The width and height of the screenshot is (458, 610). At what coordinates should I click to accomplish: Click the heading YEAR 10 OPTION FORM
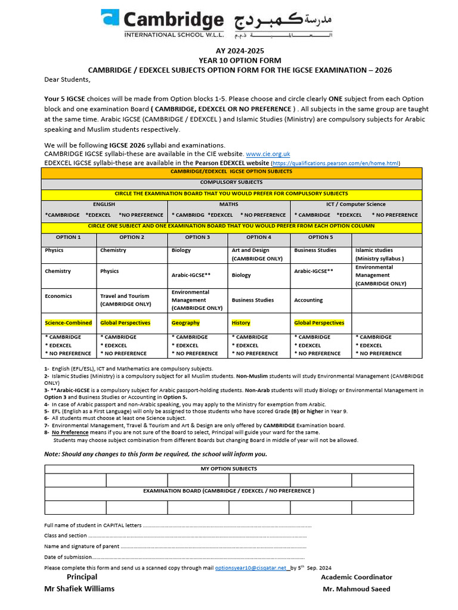[240, 61]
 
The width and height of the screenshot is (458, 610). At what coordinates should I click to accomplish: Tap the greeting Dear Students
[67, 79]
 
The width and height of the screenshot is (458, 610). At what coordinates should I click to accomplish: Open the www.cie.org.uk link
[268, 154]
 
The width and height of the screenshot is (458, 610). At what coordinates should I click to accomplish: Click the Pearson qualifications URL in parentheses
[335, 163]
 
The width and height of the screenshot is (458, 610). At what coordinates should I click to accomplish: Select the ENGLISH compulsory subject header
[104, 204]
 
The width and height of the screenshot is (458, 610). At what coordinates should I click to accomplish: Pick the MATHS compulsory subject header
[229, 204]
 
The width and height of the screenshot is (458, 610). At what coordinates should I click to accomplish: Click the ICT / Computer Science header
[355, 204]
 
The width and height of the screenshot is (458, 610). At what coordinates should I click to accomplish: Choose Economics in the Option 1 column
[58, 296]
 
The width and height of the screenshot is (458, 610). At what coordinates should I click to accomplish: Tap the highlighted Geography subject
[185, 323]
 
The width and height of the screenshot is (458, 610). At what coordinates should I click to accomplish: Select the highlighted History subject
[241, 323]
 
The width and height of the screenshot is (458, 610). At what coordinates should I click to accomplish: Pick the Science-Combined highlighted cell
[69, 323]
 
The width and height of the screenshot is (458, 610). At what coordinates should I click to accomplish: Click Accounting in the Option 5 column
[308, 300]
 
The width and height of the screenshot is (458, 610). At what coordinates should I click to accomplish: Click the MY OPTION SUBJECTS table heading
[228, 469]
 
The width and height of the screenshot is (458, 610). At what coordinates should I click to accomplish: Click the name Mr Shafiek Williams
[80, 589]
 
